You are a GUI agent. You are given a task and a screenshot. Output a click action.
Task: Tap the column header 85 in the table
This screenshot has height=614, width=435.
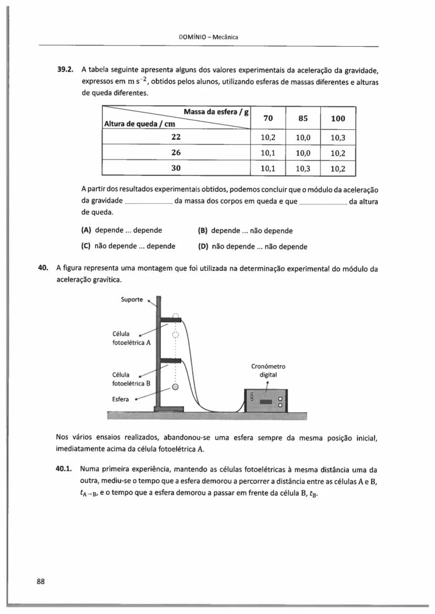303,119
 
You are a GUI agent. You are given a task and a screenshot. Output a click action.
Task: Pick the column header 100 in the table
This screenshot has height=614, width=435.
338,119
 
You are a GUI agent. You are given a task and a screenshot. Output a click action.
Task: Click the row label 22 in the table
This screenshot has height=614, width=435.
176,137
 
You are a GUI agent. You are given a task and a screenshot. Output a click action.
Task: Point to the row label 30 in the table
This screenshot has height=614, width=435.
176,169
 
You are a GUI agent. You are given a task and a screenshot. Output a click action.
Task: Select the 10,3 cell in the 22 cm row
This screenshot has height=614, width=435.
338,138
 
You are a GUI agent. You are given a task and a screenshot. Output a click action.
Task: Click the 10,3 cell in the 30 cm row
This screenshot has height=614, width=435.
303,169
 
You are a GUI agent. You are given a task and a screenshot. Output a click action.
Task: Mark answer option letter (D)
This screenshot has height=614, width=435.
203,246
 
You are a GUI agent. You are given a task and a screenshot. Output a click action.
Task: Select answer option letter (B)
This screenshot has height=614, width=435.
203,231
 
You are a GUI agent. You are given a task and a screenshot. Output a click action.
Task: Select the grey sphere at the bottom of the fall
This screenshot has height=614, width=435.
175,388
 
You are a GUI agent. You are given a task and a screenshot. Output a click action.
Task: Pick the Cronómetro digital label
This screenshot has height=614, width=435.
268,370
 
